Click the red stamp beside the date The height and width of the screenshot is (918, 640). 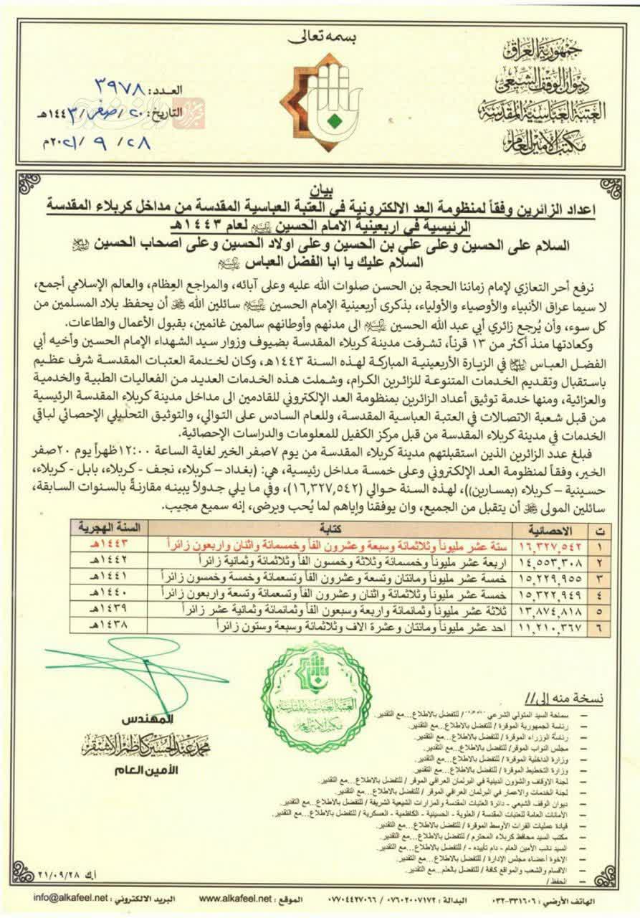(x=188, y=113)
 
